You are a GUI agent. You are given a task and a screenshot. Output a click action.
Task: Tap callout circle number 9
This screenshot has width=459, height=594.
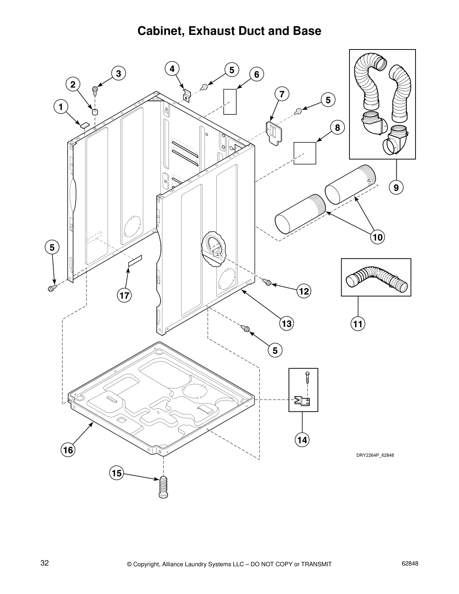[x=396, y=186]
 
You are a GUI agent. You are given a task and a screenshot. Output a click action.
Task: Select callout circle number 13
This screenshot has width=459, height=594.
[x=286, y=323]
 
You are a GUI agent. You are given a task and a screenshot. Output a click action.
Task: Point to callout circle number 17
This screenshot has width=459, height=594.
[x=124, y=295]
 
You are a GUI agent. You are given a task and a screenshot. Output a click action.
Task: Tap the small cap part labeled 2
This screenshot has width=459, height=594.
[x=95, y=111]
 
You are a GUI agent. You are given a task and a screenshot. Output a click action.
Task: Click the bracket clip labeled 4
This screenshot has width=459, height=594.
[x=186, y=95]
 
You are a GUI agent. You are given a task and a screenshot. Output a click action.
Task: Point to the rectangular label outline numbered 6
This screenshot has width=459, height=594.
[x=230, y=102]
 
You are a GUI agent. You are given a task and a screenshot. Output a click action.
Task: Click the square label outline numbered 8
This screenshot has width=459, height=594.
[x=304, y=153]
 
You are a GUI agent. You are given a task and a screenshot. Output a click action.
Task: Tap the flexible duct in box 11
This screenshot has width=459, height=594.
[x=376, y=278]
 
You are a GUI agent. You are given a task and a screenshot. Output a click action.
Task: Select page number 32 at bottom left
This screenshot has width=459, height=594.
[x=45, y=563]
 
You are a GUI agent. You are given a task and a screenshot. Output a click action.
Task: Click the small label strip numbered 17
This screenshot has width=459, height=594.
[x=135, y=261]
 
